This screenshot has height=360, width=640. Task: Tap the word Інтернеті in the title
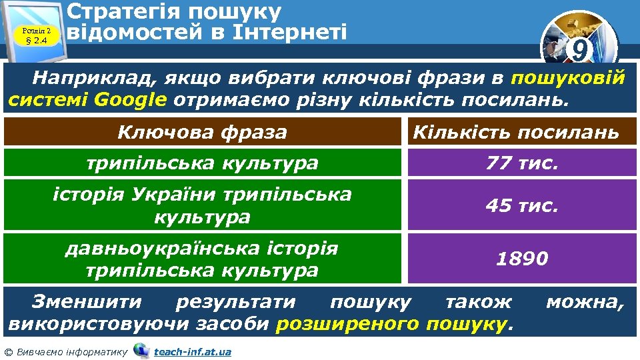tap(285, 31)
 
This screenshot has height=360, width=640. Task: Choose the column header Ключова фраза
tap(202, 132)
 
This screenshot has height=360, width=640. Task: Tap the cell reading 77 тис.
tap(522, 162)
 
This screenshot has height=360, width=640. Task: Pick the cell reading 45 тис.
tap(522, 205)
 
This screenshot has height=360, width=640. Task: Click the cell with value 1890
tap(522, 258)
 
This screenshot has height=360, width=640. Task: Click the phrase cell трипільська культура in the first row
tap(202, 162)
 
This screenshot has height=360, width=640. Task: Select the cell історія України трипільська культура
tap(202, 205)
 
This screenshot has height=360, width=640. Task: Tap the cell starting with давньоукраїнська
tap(202, 258)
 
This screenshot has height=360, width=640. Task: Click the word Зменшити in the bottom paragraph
tap(87, 302)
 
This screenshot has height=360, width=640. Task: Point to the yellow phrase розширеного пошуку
tap(391, 324)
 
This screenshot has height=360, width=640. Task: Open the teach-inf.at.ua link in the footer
tap(192, 351)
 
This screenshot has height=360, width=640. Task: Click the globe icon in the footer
tap(141, 351)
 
